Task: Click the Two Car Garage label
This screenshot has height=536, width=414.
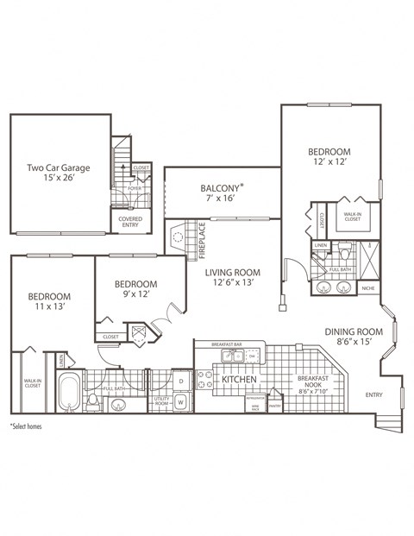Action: click(x=59, y=168)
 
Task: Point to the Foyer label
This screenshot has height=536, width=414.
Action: click(x=135, y=187)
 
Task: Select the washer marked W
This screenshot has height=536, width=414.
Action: click(x=181, y=401)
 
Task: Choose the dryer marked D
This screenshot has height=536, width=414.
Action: click(x=181, y=380)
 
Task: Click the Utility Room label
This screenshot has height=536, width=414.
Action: click(x=161, y=402)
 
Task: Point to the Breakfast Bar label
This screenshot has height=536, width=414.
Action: click(x=226, y=344)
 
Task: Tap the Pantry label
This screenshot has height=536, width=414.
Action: click(x=275, y=404)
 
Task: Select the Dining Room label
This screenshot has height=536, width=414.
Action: click(x=353, y=331)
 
